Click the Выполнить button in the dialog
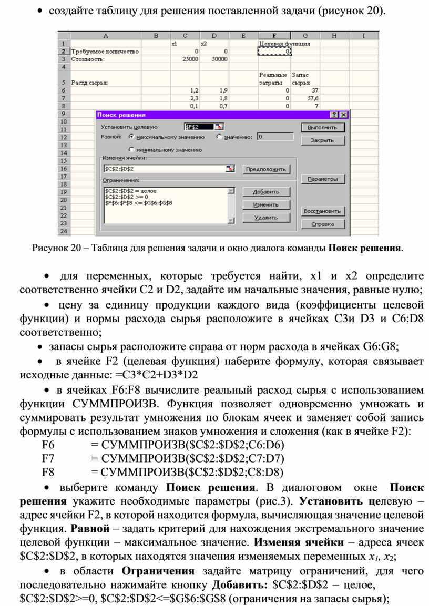coord(323,127)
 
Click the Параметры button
coord(323,179)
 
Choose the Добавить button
coord(265,192)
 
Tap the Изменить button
coord(265,204)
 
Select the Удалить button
coord(265,217)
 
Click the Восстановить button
coord(323,211)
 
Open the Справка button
coord(323,224)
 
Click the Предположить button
coord(265,169)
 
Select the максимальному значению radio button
coord(132,137)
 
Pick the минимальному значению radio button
coord(132,149)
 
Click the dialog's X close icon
coord(343,115)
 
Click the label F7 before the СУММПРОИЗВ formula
coord(48,458)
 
